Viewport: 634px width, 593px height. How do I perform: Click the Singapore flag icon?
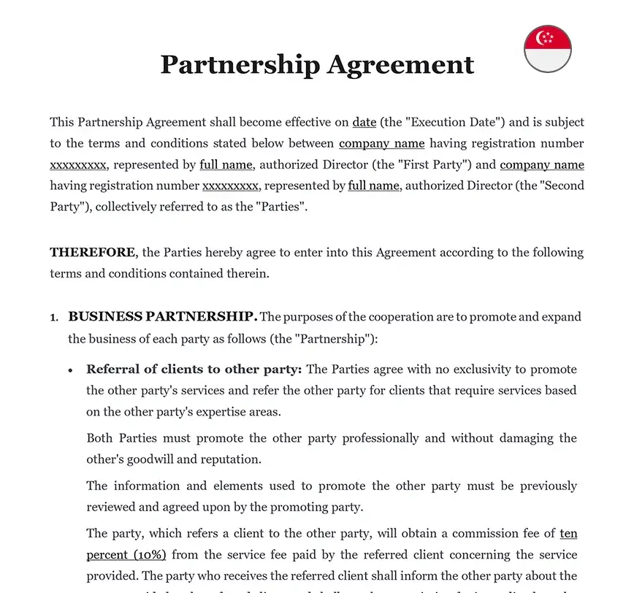point(548,49)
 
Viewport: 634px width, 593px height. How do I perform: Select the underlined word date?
point(364,122)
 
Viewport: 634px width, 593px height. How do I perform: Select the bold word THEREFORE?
point(92,253)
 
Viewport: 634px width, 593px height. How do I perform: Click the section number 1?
point(53,318)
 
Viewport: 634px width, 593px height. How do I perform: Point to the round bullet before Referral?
point(71,370)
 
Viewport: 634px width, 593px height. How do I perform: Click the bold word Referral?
point(114,370)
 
